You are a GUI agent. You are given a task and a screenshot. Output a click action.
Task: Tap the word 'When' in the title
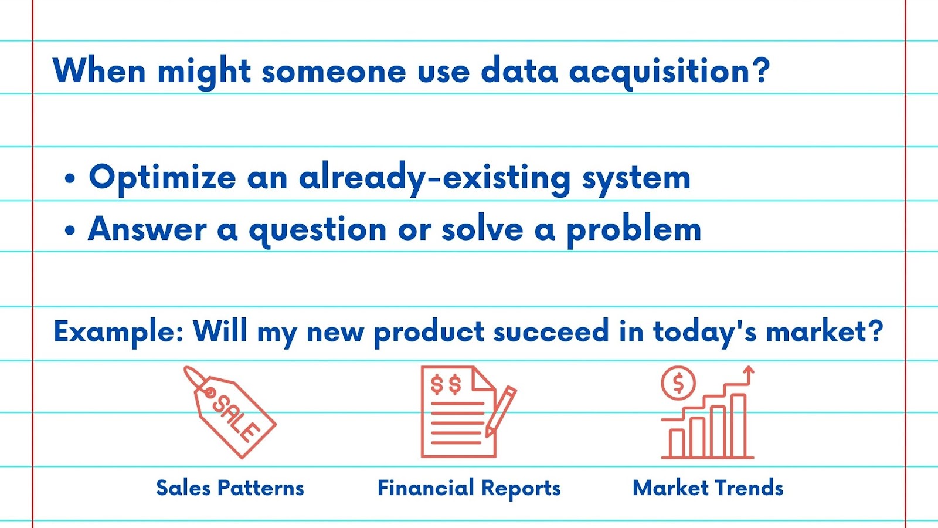click(99, 70)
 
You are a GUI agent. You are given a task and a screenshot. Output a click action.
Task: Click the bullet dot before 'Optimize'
click(70, 178)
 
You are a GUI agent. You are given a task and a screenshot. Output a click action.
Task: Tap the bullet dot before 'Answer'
click(70, 230)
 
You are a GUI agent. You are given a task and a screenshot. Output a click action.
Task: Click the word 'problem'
click(634, 231)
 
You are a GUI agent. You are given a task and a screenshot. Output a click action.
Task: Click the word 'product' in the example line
click(429, 333)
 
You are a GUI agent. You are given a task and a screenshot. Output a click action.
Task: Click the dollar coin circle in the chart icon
click(678, 383)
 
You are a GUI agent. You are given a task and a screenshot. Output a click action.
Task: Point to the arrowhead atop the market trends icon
click(748, 370)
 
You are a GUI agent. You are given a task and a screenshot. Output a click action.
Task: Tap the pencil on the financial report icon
click(501, 411)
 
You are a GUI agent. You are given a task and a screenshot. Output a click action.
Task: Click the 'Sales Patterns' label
click(230, 488)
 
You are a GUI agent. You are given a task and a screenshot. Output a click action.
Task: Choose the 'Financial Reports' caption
click(469, 488)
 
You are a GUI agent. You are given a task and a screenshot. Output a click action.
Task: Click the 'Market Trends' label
click(708, 488)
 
